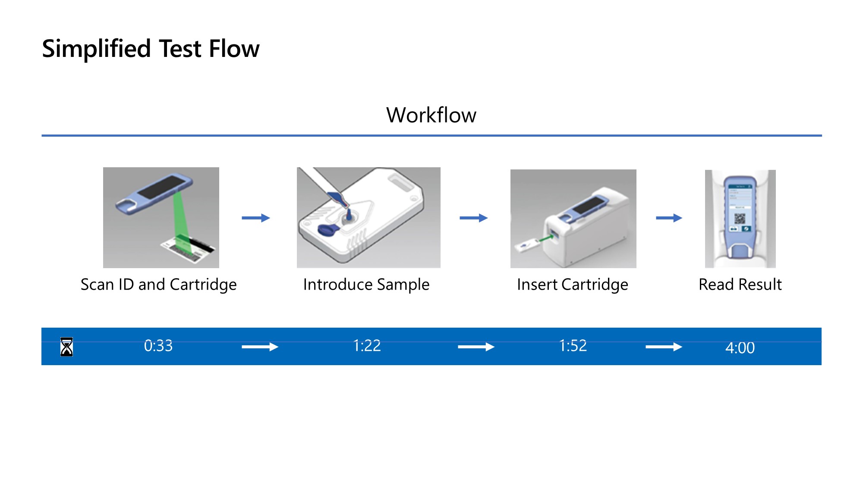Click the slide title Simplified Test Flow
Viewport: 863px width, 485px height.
[x=151, y=48]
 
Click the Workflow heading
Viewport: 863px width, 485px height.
[x=431, y=115]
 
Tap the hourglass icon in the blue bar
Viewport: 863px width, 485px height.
[x=66, y=347]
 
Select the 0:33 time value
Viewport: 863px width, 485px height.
[x=158, y=346]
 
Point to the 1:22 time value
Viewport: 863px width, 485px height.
[x=367, y=346]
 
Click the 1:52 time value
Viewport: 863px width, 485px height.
[x=573, y=346]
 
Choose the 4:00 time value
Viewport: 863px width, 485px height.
[x=740, y=348]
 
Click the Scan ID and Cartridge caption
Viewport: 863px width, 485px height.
[x=158, y=285]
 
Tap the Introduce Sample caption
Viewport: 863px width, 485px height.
[x=366, y=285]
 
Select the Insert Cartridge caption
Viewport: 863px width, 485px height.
[x=573, y=285]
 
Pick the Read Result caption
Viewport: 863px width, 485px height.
[x=740, y=285]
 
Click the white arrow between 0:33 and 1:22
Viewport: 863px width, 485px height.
[x=260, y=347]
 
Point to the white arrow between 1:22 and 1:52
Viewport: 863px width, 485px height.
[x=476, y=347]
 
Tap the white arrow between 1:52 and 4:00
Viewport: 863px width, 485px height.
[x=664, y=347]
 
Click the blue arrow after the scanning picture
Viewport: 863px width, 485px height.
[x=256, y=218]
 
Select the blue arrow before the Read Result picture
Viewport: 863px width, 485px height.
[x=669, y=218]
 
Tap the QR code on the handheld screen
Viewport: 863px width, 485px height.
[x=740, y=219]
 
